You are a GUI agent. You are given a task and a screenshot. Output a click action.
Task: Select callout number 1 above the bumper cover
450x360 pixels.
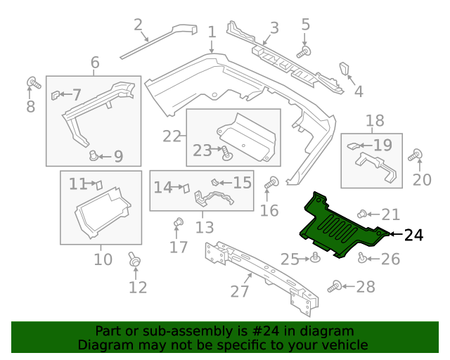tap(212, 32)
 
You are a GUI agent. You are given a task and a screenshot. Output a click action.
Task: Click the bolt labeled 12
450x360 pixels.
tap(134, 261)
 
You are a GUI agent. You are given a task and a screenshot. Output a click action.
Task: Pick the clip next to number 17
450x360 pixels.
tap(178, 224)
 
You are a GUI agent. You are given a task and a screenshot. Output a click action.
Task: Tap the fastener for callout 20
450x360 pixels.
tap(416, 155)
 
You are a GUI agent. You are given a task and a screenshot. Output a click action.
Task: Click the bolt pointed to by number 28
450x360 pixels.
tap(335, 287)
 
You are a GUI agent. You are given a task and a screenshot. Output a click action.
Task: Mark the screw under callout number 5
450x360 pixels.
tap(304, 51)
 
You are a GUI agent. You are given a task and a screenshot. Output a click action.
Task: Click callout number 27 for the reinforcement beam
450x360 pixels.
tap(240, 291)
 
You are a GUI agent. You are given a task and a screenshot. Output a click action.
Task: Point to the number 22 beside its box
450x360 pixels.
tap(172, 134)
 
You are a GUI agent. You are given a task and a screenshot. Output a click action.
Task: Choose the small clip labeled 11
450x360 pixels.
tap(98, 184)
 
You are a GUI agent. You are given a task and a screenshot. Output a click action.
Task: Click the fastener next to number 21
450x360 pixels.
tap(363, 214)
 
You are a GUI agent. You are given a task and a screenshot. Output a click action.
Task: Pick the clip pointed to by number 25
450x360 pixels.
tap(316, 257)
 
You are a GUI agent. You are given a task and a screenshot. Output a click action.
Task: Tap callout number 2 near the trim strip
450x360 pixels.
tap(138, 26)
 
